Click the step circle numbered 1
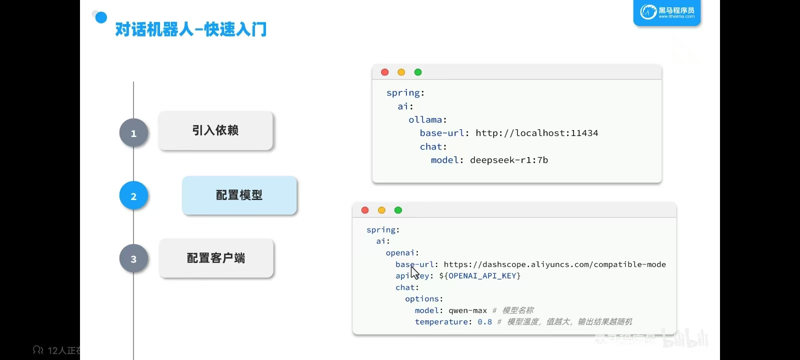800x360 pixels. coord(133,133)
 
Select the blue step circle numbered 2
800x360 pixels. coord(133,196)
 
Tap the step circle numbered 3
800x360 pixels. coord(133,259)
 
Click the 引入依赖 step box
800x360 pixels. coord(215,130)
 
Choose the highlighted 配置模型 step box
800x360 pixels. coord(239,195)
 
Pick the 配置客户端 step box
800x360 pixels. coord(216,258)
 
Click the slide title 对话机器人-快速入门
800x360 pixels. coord(190,29)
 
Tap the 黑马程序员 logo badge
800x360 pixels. coord(667,12)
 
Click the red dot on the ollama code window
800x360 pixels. coord(384,72)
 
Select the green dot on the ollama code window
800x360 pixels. coord(418,72)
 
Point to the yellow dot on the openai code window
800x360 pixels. coord(381,210)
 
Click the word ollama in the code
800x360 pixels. coord(425,120)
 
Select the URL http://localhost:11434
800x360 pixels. coord(536,133)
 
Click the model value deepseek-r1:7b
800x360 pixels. coord(508,160)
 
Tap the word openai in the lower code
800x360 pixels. coord(400,253)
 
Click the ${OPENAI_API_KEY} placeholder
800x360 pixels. coord(479,276)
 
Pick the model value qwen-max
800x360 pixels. coord(467,310)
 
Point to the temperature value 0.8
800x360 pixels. coord(484,322)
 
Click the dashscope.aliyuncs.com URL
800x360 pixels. coord(554,264)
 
